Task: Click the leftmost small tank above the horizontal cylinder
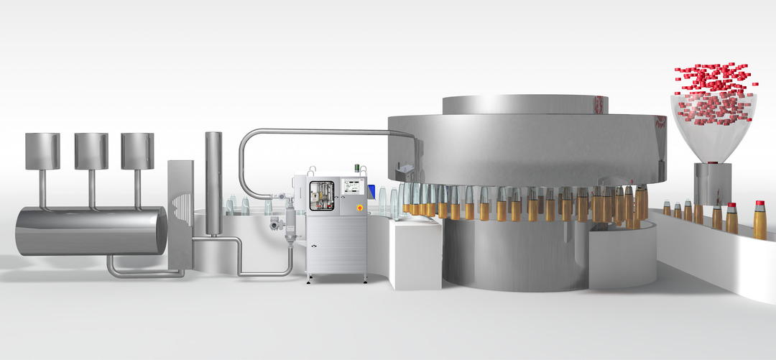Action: [42, 151]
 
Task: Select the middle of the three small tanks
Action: [91, 151]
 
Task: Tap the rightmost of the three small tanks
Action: [137, 151]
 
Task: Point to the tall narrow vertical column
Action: [213, 183]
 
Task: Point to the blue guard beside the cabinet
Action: [371, 190]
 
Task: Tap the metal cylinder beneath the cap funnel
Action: [713, 184]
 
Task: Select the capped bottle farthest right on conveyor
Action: [759, 220]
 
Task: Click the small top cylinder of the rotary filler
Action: [525, 105]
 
